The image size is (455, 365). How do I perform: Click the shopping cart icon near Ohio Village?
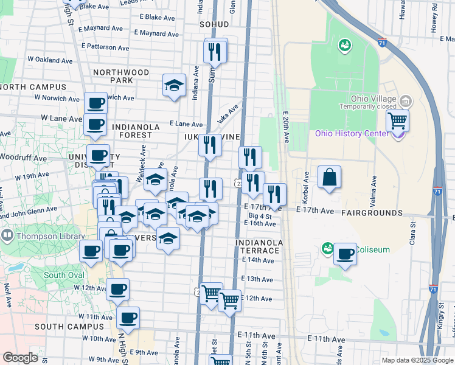click(x=397, y=120)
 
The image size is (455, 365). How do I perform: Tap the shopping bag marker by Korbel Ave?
click(x=329, y=177)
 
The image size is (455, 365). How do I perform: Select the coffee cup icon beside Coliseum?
click(x=345, y=254)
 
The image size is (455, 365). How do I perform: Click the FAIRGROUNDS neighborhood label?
click(x=372, y=213)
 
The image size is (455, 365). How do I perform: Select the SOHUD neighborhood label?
click(x=214, y=24)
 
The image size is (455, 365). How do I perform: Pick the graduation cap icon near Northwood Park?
click(x=174, y=85)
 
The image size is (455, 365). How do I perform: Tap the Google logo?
click(x=20, y=357)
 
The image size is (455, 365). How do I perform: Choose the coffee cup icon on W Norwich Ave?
click(x=96, y=103)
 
